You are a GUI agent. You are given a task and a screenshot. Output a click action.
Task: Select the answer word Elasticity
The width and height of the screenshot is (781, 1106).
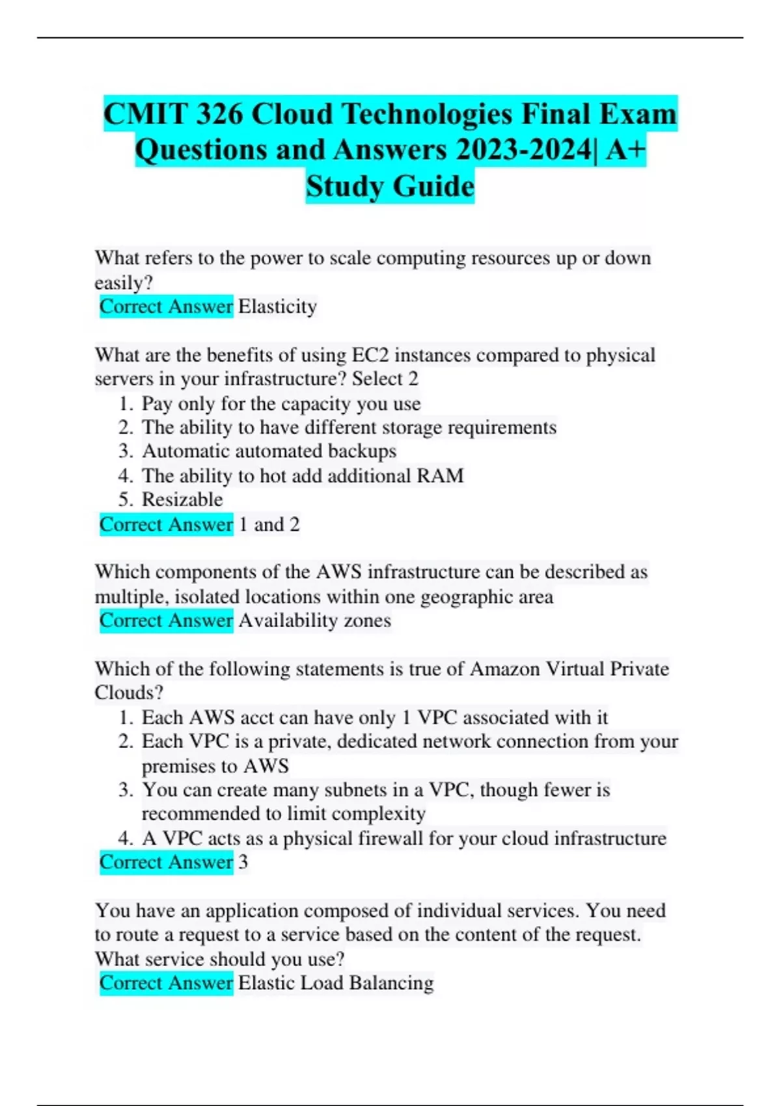277,306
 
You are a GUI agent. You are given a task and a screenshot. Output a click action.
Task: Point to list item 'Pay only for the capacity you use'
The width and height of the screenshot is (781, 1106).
281,403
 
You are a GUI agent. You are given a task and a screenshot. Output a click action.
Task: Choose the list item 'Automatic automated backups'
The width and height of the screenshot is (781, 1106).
269,452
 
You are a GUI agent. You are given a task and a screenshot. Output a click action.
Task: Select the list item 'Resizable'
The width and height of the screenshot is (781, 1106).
182,500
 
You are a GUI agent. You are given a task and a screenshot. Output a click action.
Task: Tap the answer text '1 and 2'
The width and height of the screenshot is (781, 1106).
269,524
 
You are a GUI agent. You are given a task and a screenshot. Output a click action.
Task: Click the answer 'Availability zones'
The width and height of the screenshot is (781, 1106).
314,621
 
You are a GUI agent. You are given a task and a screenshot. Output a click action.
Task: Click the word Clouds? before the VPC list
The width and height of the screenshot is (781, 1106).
129,693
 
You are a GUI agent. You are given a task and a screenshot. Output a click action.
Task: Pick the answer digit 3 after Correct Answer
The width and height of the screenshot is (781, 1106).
243,862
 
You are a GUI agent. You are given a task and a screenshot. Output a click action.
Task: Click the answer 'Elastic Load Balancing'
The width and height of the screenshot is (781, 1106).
336,982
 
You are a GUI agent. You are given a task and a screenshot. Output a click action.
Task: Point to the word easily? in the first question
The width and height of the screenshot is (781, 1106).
124,283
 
